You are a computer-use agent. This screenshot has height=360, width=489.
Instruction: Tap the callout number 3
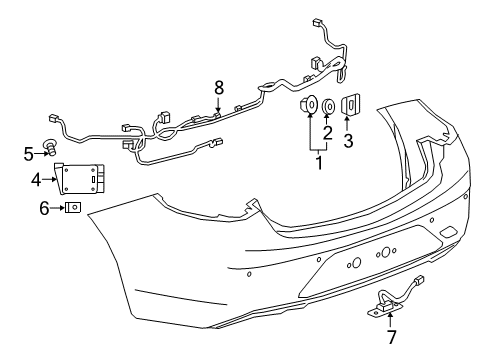[348, 141]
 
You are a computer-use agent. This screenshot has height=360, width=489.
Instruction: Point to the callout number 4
[36, 181]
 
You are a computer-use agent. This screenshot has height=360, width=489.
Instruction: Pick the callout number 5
[29, 153]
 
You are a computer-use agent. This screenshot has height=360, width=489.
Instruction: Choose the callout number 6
[43, 208]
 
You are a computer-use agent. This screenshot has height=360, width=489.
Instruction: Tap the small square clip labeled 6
[73, 208]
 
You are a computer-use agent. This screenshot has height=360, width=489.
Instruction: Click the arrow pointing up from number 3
[348, 124]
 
